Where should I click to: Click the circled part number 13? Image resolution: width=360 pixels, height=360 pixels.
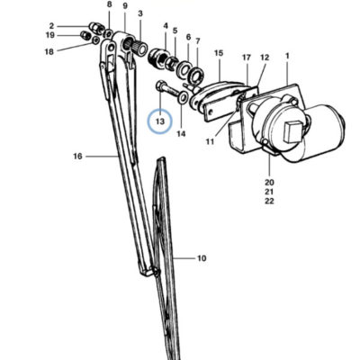pyautogui.click(x=160, y=121)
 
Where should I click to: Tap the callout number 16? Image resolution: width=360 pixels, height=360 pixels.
pyautogui.click(x=77, y=157)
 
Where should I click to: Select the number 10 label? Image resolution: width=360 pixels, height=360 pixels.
pyautogui.click(x=202, y=258)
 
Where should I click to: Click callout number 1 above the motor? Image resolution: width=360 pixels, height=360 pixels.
pyautogui.click(x=287, y=56)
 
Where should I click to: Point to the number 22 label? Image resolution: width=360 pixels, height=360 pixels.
pyautogui.click(x=269, y=201)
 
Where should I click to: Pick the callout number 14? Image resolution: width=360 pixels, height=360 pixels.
pyautogui.click(x=181, y=134)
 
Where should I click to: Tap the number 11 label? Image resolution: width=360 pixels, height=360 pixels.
pyautogui.click(x=210, y=141)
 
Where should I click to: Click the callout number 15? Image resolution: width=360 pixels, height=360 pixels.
pyautogui.click(x=219, y=53)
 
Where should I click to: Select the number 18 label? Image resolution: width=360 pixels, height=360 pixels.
pyautogui.click(x=49, y=52)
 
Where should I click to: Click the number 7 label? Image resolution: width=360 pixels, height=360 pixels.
pyautogui.click(x=197, y=41)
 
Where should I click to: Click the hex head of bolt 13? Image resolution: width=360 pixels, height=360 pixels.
pyautogui.click(x=159, y=85)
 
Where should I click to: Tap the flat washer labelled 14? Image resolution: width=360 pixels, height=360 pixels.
pyautogui.click(x=183, y=97)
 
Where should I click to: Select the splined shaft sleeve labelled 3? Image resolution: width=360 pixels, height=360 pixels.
pyautogui.click(x=139, y=47)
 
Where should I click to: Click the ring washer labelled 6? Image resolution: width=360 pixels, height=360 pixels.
pyautogui.click(x=184, y=69)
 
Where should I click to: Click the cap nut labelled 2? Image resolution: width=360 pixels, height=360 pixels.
pyautogui.click(x=95, y=28)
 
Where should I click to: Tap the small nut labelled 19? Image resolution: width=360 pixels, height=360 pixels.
pyautogui.click(x=85, y=35)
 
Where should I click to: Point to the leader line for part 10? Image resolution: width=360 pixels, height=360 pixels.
pyautogui.click(x=184, y=258)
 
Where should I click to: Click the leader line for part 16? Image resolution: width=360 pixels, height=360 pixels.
pyautogui.click(x=102, y=157)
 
